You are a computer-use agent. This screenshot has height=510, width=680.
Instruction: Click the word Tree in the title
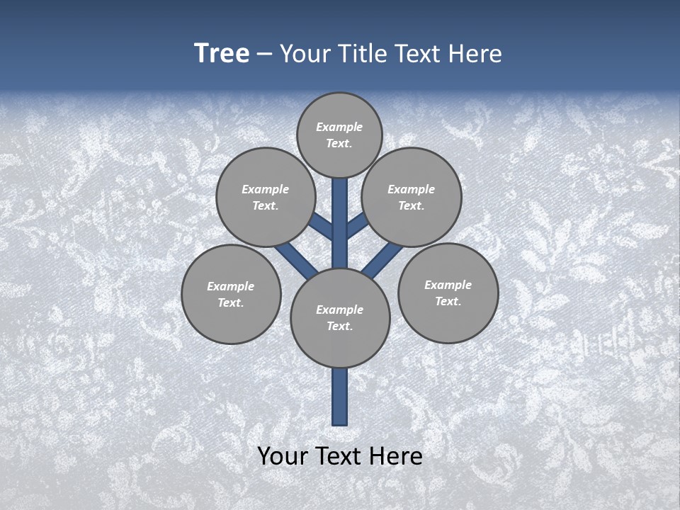pos(222,54)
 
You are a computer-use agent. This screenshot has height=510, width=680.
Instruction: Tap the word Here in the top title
pos(475,54)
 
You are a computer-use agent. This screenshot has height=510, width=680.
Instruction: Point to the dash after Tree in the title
pos(264,55)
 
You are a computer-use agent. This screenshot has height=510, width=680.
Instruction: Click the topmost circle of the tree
pos(339,135)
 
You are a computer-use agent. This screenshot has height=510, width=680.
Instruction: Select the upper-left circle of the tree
pos(266,197)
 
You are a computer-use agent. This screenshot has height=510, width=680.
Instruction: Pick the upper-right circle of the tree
pos(412,197)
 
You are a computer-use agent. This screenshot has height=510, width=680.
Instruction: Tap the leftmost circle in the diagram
pos(231,294)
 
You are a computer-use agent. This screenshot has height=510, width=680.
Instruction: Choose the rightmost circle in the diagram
pos(448,293)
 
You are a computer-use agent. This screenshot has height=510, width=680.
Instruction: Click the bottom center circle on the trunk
pos(340,317)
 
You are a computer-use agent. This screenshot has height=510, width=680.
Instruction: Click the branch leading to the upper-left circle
pos(322,226)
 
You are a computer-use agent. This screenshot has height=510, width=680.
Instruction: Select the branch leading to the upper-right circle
pos(357,225)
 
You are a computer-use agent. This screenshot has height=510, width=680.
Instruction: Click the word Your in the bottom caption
pos(282,456)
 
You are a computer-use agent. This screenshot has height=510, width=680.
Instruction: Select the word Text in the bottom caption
pos(339,456)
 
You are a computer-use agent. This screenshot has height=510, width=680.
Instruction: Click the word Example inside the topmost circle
pos(339,127)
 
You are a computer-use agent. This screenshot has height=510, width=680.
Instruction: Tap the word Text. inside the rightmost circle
pos(448,301)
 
